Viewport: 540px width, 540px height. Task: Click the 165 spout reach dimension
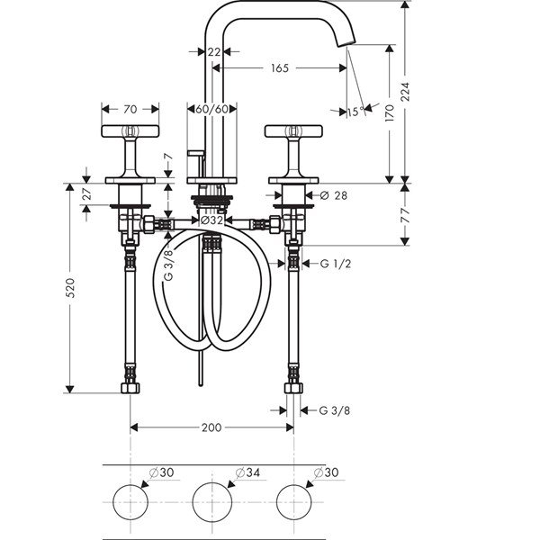(280, 68)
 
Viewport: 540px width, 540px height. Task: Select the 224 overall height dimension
(406, 91)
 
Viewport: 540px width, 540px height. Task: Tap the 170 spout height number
(390, 113)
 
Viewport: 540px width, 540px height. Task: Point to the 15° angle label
(355, 112)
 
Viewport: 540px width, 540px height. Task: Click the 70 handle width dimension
(130, 109)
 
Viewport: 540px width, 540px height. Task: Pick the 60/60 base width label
(211, 109)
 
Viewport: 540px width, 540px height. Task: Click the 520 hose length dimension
(70, 288)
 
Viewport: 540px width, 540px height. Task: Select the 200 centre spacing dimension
(211, 427)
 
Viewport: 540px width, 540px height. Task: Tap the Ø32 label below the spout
(211, 220)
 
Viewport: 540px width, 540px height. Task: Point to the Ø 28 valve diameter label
(333, 195)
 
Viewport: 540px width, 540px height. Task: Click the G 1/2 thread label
(336, 264)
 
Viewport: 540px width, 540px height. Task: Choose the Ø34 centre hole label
(248, 472)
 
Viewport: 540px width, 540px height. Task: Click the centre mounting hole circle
(211, 482)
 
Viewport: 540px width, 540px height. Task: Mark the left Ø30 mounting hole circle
(130, 485)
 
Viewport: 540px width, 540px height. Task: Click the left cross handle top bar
(130, 130)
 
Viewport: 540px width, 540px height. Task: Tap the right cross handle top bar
(293, 130)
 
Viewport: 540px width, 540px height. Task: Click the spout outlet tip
(346, 43)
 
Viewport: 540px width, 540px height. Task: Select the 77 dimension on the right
(406, 215)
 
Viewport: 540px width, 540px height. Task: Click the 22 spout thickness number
(214, 52)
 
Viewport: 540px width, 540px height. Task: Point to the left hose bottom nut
(130, 388)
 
